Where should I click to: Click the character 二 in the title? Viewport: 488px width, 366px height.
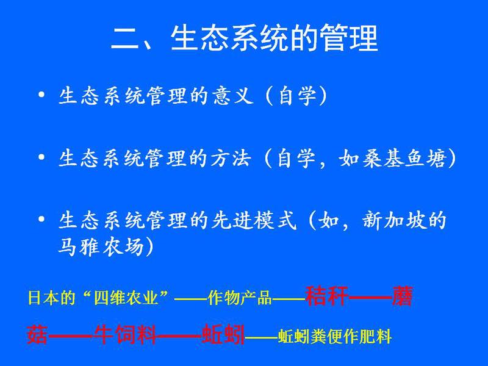tap(125, 39)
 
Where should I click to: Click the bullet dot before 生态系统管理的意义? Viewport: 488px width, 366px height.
tap(41, 95)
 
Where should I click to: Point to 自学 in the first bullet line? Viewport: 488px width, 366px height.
tap(298, 96)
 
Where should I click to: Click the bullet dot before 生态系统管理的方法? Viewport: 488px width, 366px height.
tap(41, 157)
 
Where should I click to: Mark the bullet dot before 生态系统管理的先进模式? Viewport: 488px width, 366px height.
tap(41, 219)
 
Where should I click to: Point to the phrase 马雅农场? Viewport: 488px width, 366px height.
tap(101, 247)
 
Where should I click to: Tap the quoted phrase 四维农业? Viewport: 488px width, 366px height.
tap(127, 298)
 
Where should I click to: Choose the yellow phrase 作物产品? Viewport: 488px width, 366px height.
tap(240, 298)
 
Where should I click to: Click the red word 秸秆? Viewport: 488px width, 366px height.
tap(326, 296)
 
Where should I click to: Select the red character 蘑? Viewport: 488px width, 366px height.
tap(403, 296)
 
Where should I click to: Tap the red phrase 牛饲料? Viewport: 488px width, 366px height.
tap(125, 334)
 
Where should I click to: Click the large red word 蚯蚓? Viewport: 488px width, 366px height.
tap(223, 334)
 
